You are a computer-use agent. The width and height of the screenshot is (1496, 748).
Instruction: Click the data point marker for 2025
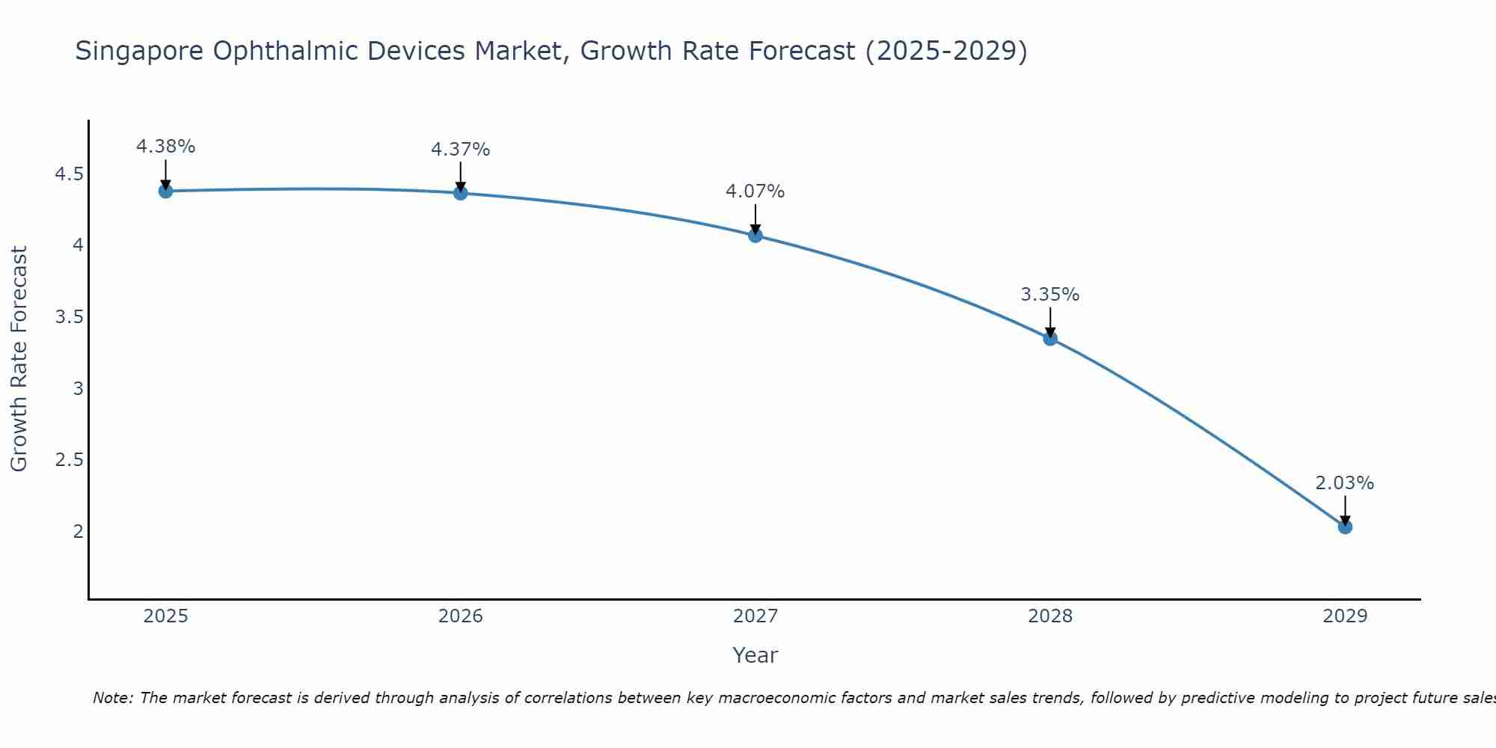(166, 191)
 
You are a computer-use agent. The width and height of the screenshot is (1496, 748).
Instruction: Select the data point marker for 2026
(461, 193)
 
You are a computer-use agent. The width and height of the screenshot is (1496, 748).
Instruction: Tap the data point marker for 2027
(755, 236)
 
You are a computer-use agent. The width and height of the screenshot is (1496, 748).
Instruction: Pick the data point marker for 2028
(1050, 338)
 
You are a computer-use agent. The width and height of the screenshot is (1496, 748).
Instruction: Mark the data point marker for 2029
(1345, 527)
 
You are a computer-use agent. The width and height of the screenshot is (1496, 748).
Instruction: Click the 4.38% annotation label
(166, 147)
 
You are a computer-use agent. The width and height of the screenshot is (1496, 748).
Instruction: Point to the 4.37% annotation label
(461, 150)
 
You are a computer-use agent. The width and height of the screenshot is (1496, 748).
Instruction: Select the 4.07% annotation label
(755, 191)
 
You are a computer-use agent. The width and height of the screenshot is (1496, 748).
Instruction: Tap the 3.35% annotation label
(1050, 295)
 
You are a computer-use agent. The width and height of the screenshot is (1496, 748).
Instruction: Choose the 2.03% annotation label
(1345, 483)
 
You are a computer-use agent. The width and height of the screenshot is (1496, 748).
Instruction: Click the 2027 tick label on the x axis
(755, 616)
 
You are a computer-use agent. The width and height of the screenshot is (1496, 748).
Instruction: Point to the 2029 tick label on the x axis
(1345, 616)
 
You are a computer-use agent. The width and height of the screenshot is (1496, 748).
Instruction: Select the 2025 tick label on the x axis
(166, 616)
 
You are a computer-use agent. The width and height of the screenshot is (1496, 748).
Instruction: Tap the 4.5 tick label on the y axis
(69, 174)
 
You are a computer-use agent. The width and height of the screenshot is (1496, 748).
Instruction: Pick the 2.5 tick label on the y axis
(69, 459)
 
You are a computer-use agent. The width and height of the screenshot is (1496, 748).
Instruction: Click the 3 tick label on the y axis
(78, 388)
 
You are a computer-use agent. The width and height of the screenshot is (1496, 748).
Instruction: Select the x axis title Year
(755, 655)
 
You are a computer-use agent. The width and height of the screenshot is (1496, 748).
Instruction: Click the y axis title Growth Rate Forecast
(19, 359)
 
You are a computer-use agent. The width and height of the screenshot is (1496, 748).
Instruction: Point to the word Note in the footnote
(111, 698)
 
